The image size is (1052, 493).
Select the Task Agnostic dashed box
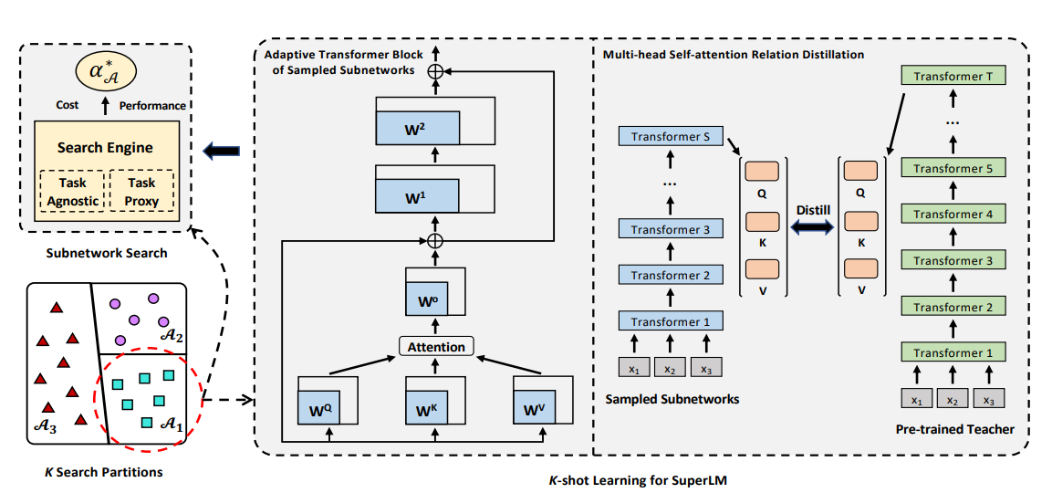72,191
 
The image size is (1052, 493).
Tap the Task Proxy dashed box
141,191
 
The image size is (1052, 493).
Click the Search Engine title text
105,148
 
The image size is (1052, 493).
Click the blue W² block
417,127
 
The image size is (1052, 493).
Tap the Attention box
435,346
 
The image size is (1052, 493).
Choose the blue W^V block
535,408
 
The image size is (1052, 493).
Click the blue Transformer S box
671,137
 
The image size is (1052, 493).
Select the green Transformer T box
953,77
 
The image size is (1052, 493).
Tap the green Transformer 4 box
953,215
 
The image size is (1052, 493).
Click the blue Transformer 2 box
671,275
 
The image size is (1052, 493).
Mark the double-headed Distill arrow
812,228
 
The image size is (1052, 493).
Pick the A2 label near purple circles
171,337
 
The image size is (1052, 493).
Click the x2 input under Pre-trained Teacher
952,400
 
